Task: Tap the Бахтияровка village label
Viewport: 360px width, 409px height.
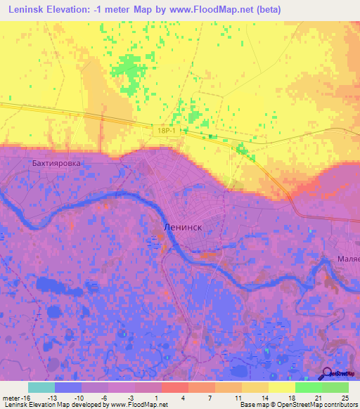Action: [57, 162]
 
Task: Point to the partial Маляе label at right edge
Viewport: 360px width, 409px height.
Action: [349, 258]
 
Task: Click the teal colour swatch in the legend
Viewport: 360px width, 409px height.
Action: [41, 387]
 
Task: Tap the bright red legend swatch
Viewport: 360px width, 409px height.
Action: [174, 387]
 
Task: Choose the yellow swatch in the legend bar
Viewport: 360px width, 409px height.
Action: [281, 387]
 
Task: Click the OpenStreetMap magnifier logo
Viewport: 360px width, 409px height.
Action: [326, 373]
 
